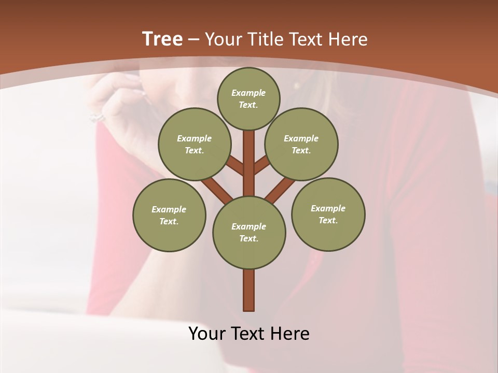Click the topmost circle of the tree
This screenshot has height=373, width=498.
[248, 98]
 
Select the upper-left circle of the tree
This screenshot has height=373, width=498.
[194, 144]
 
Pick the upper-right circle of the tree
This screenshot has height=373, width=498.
[301, 144]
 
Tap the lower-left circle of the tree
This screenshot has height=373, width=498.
[169, 215]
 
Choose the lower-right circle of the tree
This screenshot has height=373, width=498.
[328, 214]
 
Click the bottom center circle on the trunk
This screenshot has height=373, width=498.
[249, 233]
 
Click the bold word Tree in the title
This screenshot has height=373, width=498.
[162, 39]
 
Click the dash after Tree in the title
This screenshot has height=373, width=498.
[193, 39]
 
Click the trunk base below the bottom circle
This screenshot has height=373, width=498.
[249, 290]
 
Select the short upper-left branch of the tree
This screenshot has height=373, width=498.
[234, 166]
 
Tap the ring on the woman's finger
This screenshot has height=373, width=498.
[97, 117]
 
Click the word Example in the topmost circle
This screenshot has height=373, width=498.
[248, 93]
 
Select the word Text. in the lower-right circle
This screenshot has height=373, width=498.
[328, 220]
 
